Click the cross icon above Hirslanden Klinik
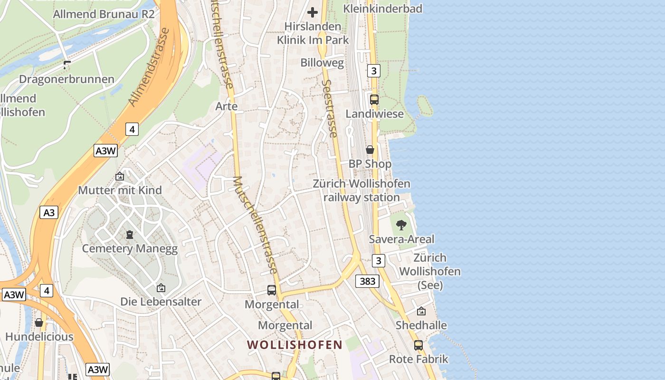point(313,12)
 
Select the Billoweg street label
point(322,63)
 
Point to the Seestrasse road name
point(329,108)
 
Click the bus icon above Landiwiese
point(374,100)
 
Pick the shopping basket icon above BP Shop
point(370,150)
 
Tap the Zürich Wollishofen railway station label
point(361,190)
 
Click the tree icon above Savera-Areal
point(401,225)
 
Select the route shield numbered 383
point(367,281)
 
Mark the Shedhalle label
point(421,325)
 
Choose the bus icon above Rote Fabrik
point(418,345)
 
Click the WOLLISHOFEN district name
point(294,345)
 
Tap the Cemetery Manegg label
point(130,249)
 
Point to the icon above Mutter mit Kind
point(120,177)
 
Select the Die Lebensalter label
point(161,302)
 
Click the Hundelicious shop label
point(39,337)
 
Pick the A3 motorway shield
point(49,212)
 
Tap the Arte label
point(227,106)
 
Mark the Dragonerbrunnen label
point(66,79)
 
